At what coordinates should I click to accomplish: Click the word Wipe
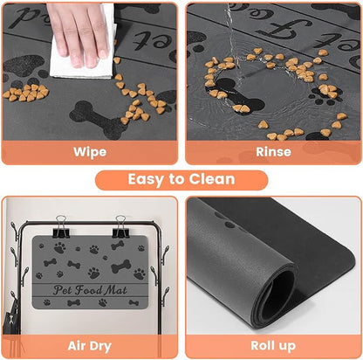coord(90,152)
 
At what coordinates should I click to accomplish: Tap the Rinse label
coord(273,152)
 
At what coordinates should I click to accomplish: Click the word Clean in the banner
coord(210,179)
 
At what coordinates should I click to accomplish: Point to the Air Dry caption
coord(90,346)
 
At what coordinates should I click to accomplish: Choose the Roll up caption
coord(273,346)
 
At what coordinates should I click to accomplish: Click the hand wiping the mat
coord(80,22)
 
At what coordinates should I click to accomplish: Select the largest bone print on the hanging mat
coord(120,267)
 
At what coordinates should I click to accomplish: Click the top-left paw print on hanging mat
coord(59,247)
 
